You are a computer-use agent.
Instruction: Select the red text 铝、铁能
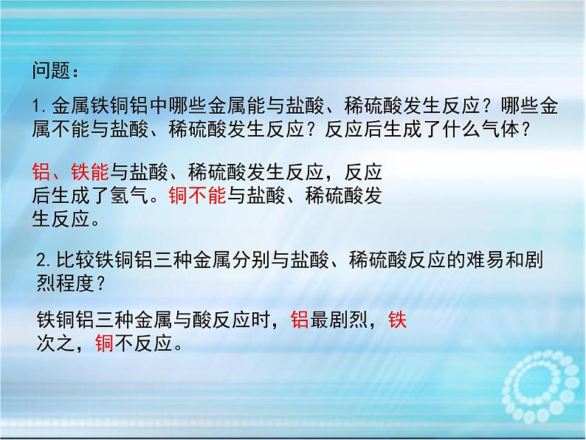tap(71, 172)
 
